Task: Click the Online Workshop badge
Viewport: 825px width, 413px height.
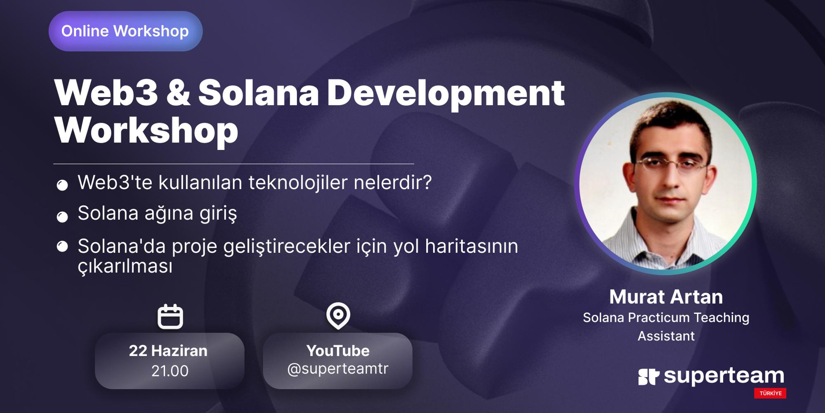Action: coord(125,31)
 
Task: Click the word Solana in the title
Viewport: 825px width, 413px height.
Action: coord(258,93)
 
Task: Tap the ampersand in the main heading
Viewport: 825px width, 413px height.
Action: coord(177,93)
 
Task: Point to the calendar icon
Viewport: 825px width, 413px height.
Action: coord(170,317)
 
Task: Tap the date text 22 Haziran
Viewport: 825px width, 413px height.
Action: coord(168,351)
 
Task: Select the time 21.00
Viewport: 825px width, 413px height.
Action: coord(170,371)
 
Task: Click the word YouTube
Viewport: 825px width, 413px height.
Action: coord(338,351)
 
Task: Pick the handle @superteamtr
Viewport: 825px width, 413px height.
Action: coord(338,369)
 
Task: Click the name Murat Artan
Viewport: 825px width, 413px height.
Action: coord(666,297)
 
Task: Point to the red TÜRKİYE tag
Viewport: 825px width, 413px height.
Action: coord(770,393)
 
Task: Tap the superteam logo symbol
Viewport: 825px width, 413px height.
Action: coord(648,377)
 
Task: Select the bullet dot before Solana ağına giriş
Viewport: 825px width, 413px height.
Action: coord(62,217)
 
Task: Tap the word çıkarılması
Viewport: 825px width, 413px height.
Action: coord(125,267)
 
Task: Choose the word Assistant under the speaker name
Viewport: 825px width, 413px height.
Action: coord(666,336)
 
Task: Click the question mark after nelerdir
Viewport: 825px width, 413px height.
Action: coord(427,183)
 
